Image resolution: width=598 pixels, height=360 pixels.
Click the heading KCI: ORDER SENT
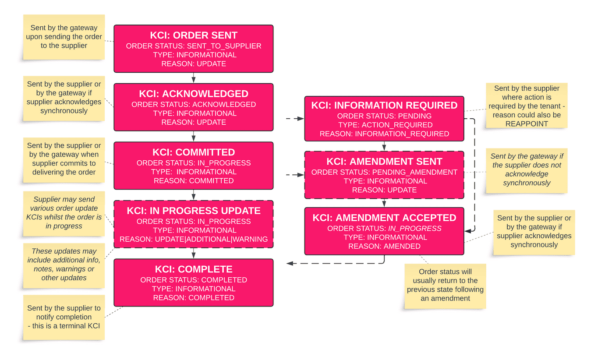tap(194, 35)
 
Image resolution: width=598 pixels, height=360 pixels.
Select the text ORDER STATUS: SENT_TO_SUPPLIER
tap(194, 46)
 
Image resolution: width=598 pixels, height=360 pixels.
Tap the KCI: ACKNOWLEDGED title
tap(194, 94)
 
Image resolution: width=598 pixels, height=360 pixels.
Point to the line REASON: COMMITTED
tap(194, 180)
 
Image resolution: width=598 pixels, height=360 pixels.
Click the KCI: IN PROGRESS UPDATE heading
tap(194, 211)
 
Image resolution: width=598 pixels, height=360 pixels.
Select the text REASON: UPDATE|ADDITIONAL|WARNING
tap(194, 239)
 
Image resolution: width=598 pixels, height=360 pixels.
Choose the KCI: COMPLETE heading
tap(194, 269)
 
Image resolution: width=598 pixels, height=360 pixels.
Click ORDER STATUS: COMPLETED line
tap(194, 280)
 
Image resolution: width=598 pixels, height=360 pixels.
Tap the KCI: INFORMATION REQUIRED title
tap(384, 106)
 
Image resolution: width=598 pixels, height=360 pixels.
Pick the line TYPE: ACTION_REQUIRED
tap(384, 125)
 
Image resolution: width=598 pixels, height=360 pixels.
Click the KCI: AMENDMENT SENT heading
tap(384, 162)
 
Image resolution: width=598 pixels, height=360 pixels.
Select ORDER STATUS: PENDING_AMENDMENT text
tap(384, 172)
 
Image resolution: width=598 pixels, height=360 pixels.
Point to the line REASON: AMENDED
tap(384, 246)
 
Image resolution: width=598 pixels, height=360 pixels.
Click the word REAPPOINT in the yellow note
tap(527, 124)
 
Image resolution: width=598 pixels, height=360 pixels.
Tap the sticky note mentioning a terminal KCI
tap(64, 317)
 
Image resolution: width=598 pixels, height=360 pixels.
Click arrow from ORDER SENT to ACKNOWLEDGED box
tap(194, 78)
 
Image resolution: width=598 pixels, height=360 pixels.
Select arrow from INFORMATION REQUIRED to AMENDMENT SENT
tap(384, 146)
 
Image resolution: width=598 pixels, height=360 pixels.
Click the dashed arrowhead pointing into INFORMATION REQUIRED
tap(301, 118)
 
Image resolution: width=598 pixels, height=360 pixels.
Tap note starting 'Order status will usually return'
tap(445, 285)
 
